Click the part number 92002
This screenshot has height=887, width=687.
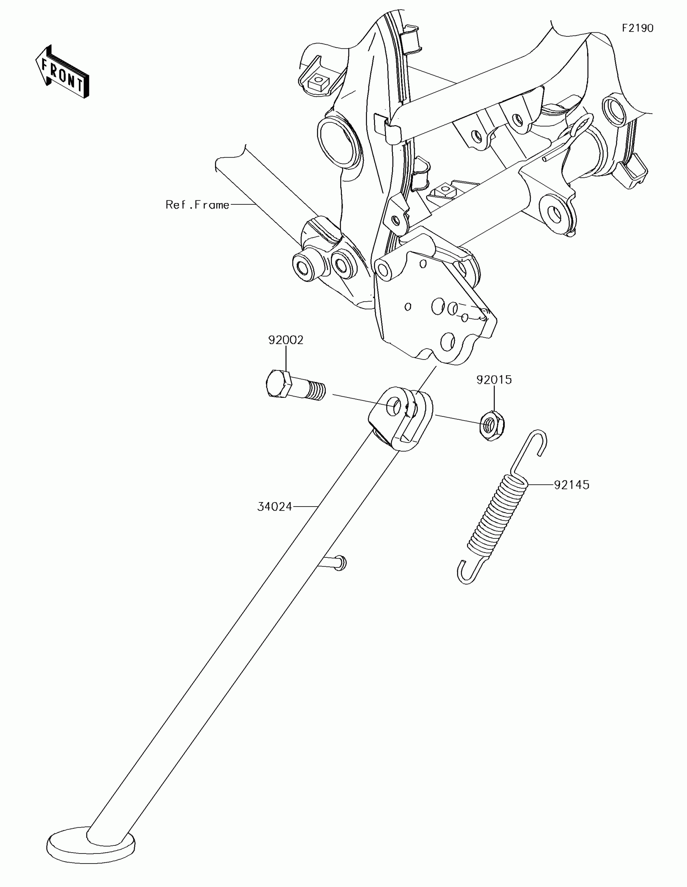[286, 340]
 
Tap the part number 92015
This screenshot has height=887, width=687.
[494, 380]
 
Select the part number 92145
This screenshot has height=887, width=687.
[571, 485]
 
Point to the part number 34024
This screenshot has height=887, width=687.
[275, 507]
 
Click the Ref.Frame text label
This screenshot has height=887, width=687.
[198, 205]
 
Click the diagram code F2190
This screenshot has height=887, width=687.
[637, 28]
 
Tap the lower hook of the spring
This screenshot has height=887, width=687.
[467, 572]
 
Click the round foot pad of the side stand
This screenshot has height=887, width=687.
[90, 843]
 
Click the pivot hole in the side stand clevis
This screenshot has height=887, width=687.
[393, 406]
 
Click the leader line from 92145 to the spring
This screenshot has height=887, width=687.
[540, 484]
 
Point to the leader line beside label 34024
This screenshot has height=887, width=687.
[305, 507]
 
